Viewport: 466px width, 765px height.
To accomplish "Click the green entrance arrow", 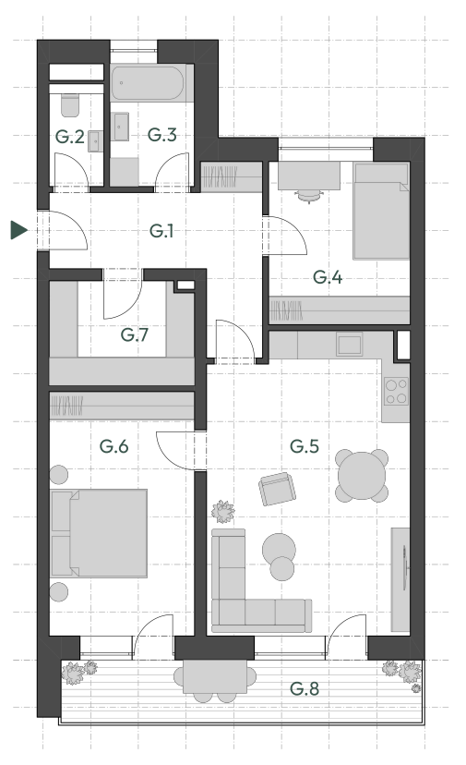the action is tap(18, 230).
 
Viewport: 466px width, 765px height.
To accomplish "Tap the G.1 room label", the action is tap(161, 231).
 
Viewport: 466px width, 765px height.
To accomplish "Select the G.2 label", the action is tap(70, 137).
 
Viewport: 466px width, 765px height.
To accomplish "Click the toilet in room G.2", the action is tap(70, 105).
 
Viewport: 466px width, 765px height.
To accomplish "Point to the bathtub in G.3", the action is tap(148, 83).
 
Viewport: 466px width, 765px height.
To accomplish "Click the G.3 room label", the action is tap(161, 135).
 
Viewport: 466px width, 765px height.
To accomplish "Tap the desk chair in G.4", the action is tap(309, 196).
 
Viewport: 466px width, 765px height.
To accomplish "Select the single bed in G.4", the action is tap(382, 212).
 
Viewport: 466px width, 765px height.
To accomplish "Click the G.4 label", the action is tap(328, 277).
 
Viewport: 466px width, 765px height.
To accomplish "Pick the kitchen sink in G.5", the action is tap(349, 345).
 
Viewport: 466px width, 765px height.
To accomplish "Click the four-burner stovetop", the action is tap(396, 392).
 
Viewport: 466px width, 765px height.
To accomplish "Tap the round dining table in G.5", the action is tap(362, 476).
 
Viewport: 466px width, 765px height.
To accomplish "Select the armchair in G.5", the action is tap(278, 489).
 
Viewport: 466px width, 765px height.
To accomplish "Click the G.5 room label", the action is tap(305, 446).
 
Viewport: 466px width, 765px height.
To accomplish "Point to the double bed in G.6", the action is tap(99, 533).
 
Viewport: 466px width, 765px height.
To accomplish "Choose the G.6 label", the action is tap(114, 446).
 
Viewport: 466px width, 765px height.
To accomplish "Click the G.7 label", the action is tap(135, 334).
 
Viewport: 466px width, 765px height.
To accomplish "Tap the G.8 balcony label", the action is tap(305, 689).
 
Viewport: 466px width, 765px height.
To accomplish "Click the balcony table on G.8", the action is tap(215, 676).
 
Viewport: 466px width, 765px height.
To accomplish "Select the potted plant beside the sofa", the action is tap(223, 511).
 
